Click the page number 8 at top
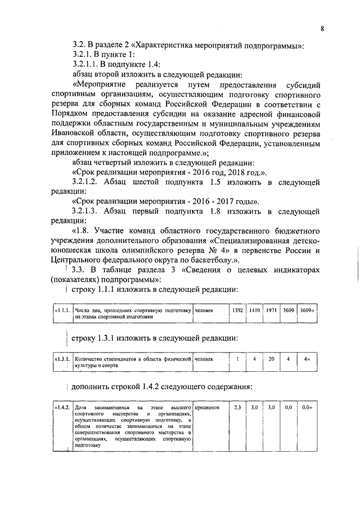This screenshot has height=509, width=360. tap(323, 29)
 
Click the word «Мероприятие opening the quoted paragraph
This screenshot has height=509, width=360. tap(101, 84)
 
